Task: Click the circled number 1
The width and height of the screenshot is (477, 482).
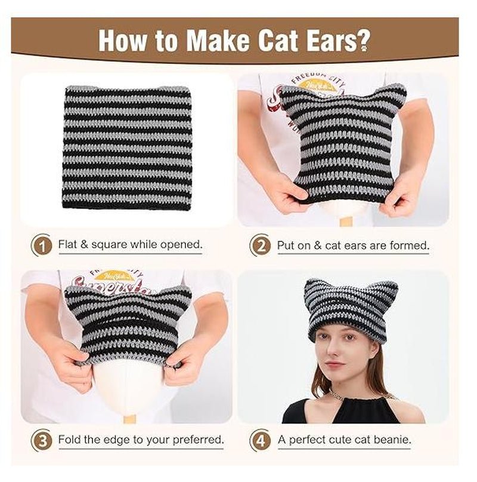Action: click(x=42, y=245)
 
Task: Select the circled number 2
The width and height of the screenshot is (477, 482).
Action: click(x=260, y=245)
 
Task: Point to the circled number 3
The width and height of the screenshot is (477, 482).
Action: click(x=42, y=440)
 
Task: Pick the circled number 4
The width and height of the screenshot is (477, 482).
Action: click(x=260, y=440)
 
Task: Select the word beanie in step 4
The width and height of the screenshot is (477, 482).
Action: click(x=392, y=440)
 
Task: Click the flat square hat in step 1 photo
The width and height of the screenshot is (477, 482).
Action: click(x=127, y=146)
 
